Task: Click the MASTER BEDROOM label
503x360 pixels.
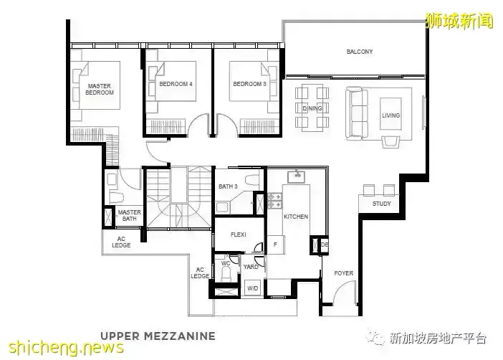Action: click(x=100, y=89)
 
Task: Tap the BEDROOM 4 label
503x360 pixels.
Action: click(x=176, y=84)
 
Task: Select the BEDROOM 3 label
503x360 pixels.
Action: click(x=249, y=84)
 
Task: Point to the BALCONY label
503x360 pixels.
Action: click(x=360, y=52)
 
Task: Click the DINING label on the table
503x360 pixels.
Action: click(x=312, y=108)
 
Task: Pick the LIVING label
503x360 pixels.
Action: click(x=391, y=115)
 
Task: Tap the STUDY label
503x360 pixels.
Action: click(x=381, y=204)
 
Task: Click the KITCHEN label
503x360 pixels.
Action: click(x=296, y=217)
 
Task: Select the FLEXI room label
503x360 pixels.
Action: click(x=239, y=235)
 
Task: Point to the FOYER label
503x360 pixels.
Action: click(x=343, y=273)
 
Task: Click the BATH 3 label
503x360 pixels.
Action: click(x=228, y=186)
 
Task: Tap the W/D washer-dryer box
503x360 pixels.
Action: click(x=253, y=288)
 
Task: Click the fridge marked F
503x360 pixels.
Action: click(x=276, y=245)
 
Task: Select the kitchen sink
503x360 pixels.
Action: click(x=296, y=176)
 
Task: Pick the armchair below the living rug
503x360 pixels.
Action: click(x=391, y=141)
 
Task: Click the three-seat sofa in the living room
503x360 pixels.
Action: click(x=357, y=113)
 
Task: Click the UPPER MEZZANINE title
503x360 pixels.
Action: click(x=158, y=336)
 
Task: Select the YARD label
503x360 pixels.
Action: click(x=251, y=267)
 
